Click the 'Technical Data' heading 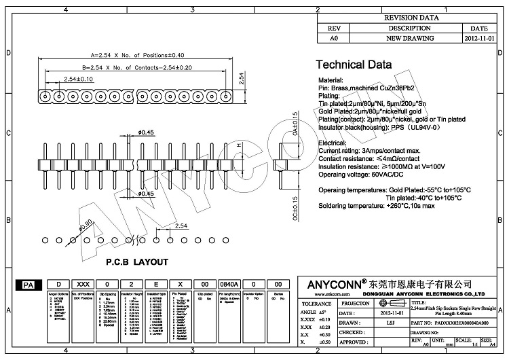pyautogui.click(x=354, y=65)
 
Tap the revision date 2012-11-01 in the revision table pyautogui.click(x=478, y=39)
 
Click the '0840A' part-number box pyautogui.click(x=228, y=285)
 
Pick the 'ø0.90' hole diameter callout pyautogui.click(x=86, y=224)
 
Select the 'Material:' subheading pyautogui.click(x=333, y=80)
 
